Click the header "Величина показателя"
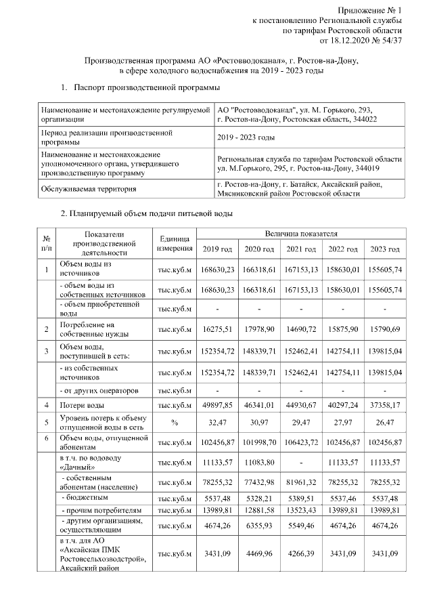[x=301, y=233]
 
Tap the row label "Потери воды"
[x=81, y=404]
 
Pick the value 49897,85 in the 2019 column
[x=218, y=404]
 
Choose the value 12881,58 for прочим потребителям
[x=260, y=509]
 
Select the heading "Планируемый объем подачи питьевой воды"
[x=147, y=215]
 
